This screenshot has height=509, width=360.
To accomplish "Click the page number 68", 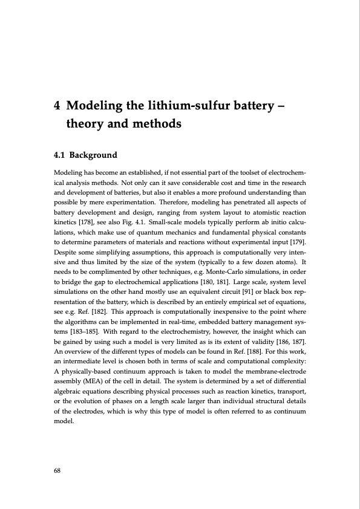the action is click(57, 468).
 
